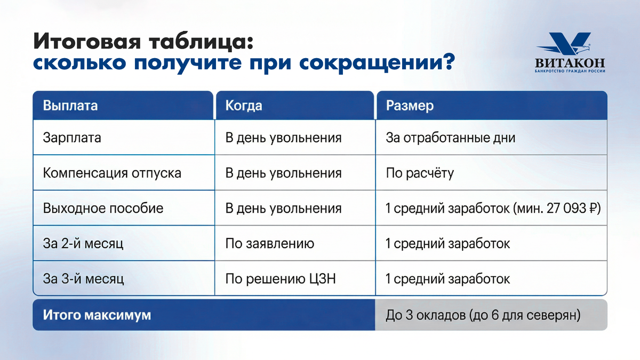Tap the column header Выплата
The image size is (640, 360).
(70, 106)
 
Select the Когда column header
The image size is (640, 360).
(243, 106)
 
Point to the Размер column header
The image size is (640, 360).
(410, 106)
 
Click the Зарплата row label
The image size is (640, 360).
(72, 138)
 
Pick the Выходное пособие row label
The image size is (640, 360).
(103, 208)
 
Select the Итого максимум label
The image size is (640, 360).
(97, 315)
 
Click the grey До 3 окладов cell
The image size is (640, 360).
(491, 315)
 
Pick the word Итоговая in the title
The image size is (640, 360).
(87, 42)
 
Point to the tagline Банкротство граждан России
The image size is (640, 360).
(570, 71)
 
